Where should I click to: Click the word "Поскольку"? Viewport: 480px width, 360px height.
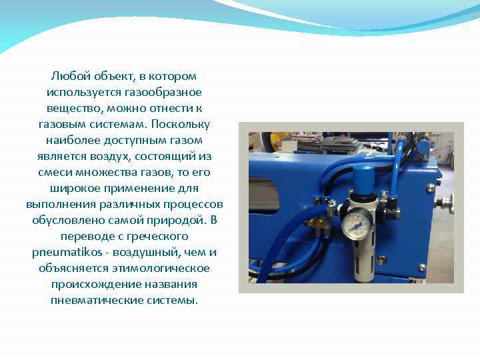tap(183, 124)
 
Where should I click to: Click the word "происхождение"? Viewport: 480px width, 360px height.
tap(90, 284)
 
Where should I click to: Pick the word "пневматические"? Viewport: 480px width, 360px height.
tap(91, 300)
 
